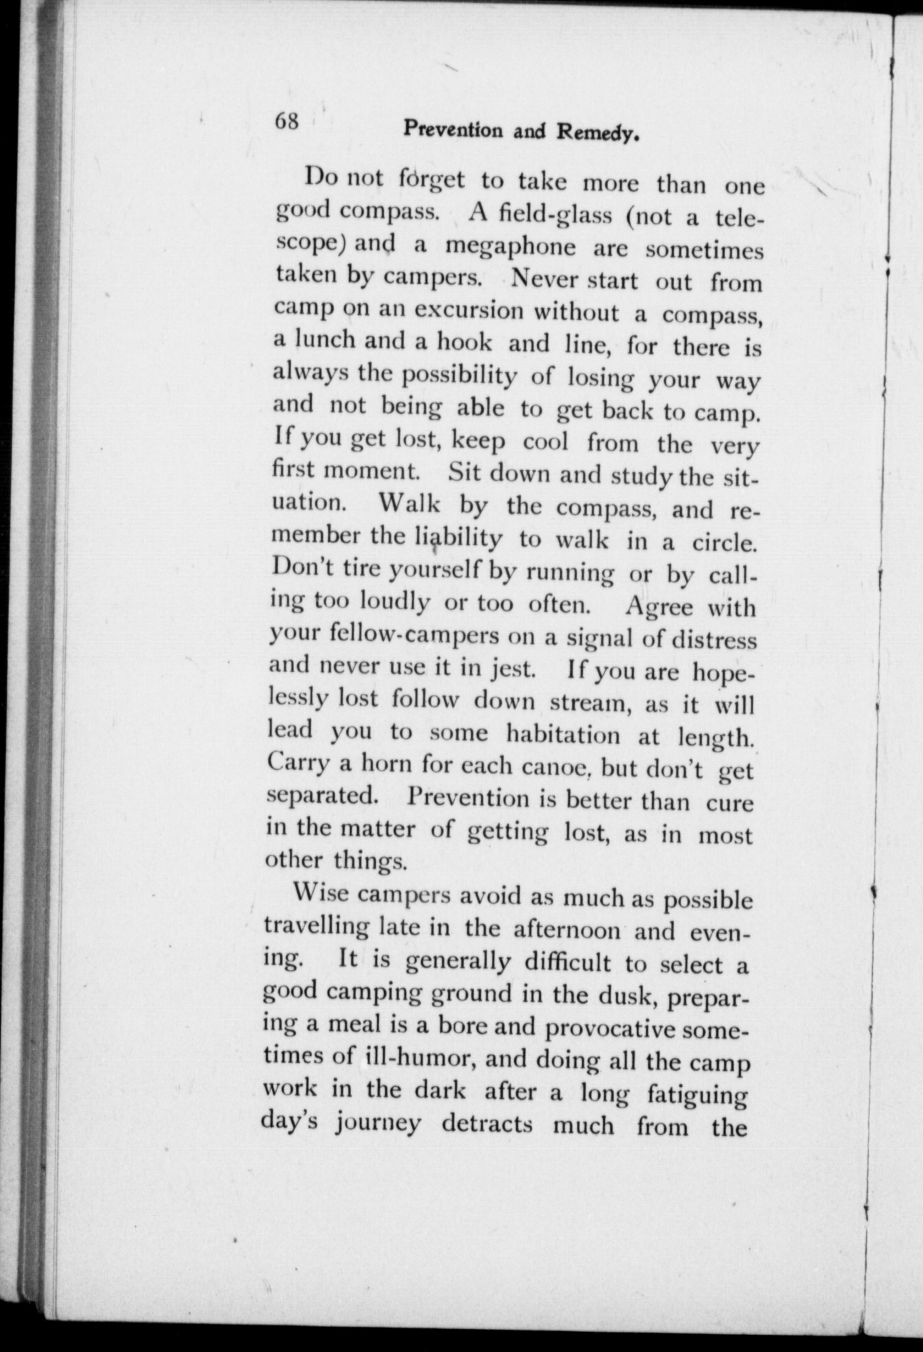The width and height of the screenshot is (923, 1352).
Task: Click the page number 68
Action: (287, 121)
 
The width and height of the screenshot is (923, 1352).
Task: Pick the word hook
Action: (463, 342)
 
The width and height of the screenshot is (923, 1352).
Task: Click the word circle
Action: (724, 542)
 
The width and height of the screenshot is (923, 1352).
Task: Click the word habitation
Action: (563, 734)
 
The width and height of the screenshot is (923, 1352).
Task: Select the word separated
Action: (322, 797)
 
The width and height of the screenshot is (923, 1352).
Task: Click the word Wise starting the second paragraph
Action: (320, 895)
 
